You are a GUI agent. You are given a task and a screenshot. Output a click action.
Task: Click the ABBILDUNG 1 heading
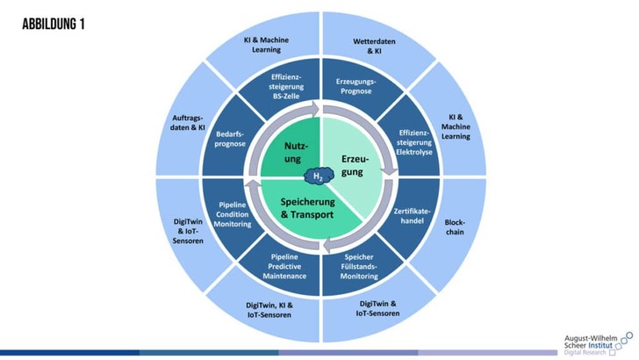click(54, 24)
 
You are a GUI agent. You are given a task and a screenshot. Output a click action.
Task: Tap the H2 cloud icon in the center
click(319, 176)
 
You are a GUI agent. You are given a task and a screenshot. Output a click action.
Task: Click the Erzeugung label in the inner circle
click(354, 165)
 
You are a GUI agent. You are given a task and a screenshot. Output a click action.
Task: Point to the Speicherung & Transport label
click(307, 208)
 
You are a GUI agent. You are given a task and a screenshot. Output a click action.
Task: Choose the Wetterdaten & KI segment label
click(374, 46)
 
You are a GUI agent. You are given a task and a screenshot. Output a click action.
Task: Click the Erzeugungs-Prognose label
click(355, 86)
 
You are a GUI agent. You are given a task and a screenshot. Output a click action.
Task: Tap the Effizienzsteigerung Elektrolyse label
click(414, 142)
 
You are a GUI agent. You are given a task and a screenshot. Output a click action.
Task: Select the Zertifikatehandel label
click(412, 216)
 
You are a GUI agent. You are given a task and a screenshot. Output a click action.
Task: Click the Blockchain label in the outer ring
click(455, 227)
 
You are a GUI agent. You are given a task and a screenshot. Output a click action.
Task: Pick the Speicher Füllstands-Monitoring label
click(359, 267)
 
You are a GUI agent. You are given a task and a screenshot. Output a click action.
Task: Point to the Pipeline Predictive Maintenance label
click(284, 267)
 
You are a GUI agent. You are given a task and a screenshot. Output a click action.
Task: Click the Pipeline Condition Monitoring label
click(233, 214)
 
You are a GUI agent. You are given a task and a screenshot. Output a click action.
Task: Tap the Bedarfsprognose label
click(230, 139)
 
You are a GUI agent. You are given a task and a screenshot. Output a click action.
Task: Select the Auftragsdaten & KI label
click(188, 123)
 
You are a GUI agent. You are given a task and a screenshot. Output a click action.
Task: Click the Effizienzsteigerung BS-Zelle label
click(286, 86)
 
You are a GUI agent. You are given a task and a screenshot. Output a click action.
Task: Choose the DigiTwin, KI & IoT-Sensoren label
click(269, 310)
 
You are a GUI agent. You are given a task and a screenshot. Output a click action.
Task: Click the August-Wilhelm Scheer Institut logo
click(599, 343)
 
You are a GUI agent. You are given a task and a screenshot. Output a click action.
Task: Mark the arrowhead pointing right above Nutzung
click(314, 110)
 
